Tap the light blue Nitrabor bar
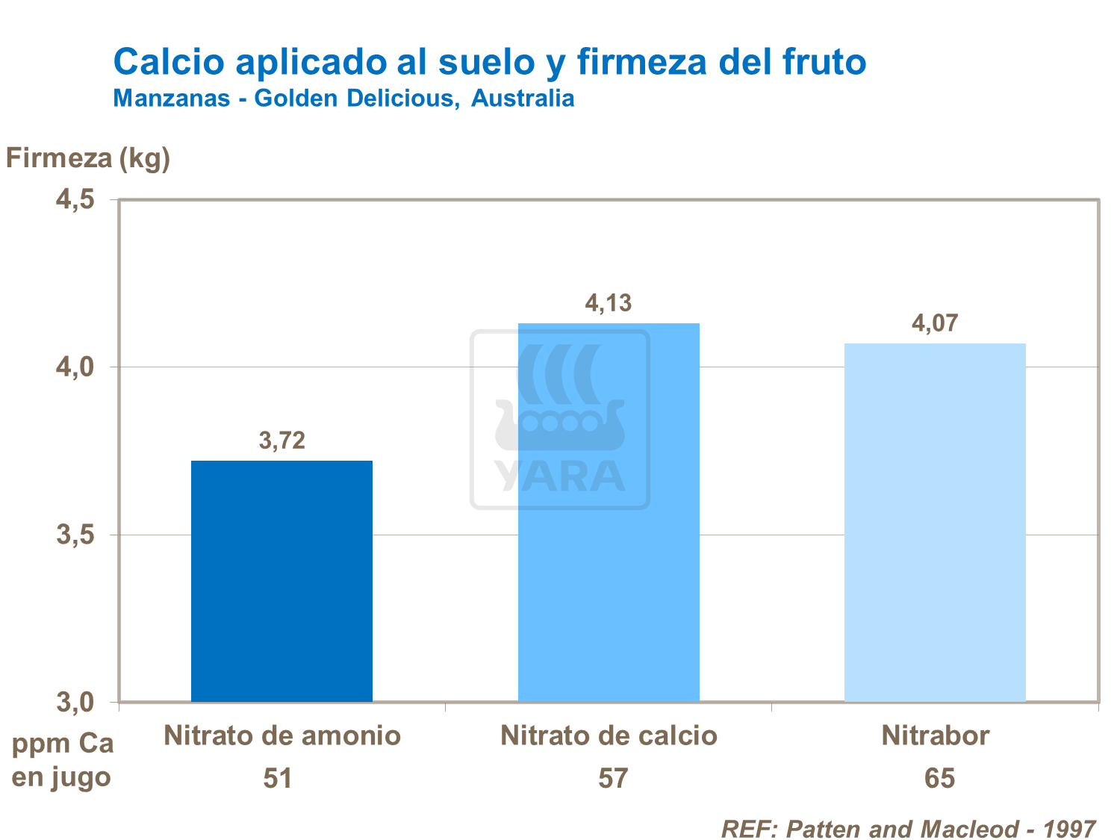tap(935, 523)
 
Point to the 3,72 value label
tap(282, 441)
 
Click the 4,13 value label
tap(608, 303)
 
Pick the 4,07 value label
tap(934, 323)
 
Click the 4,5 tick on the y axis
tap(75, 199)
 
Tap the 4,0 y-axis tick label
tap(75, 367)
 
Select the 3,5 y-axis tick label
tap(75, 535)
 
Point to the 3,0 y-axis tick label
tap(75, 703)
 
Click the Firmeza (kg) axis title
tap(88, 158)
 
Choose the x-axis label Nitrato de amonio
tap(282, 736)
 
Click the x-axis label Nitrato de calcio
tap(609, 736)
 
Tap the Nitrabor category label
tap(935, 736)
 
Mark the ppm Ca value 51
tap(277, 779)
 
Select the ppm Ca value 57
tap(613, 779)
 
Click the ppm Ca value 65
tap(939, 779)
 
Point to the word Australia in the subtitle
tap(523, 99)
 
